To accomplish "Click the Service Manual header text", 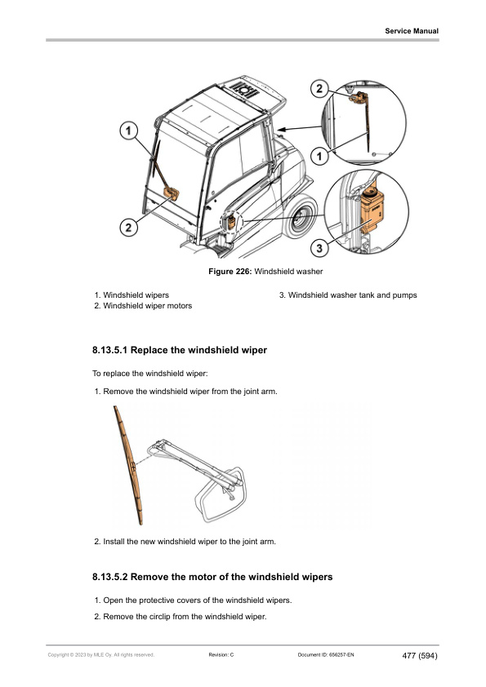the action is point(412,31).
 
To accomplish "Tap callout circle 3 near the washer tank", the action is point(319,248).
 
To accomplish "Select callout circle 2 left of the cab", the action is point(128,228).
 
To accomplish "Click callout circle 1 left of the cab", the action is point(128,131).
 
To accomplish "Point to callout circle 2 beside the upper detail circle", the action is point(319,88).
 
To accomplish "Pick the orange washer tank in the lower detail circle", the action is point(372,211).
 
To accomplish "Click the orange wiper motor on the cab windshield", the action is point(171,193).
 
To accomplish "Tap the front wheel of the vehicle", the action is point(300,218).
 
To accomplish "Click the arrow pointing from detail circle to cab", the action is point(300,128).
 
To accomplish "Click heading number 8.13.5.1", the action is point(110,350).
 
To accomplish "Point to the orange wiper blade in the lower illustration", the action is point(127,464).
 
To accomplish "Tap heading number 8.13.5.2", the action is point(110,577).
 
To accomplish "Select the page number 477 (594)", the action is point(420,656).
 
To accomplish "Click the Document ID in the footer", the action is point(326,655).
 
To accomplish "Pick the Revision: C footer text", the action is point(221,655).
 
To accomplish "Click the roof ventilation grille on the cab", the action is point(244,90).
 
